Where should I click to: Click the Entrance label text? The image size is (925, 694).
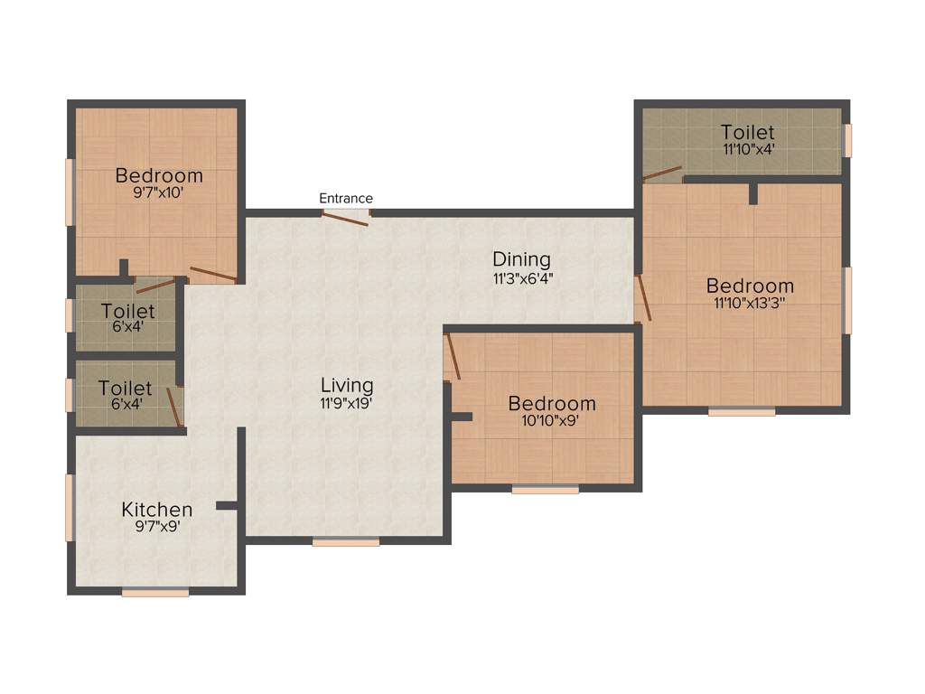346,199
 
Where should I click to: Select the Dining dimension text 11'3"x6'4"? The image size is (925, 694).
522,279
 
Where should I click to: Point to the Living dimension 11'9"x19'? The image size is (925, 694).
347,404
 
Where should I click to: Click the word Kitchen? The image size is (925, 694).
157,510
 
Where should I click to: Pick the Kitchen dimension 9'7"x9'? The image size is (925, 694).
157,527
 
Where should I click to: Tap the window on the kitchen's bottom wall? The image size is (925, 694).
155,593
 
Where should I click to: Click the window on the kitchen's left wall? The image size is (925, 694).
70,508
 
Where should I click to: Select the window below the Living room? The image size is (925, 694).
346,542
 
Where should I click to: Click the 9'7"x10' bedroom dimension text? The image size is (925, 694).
159,192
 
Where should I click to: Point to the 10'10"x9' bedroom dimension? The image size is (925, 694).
551,420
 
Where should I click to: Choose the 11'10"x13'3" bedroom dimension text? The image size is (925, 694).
750,304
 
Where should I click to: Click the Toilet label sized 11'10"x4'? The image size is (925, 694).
748,133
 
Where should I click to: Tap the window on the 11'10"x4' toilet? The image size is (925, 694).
847,140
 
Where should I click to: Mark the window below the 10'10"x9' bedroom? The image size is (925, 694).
546,490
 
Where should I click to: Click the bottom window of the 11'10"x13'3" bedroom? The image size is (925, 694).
742,412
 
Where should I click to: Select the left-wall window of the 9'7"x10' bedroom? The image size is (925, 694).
70,192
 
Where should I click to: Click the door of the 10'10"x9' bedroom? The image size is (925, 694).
453,356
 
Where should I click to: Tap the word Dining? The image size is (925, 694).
521,260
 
